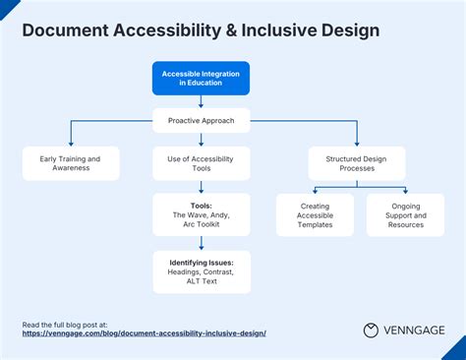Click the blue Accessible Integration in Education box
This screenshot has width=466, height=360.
(201, 78)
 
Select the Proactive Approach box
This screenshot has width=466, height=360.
(201, 121)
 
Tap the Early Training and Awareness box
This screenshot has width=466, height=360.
(70, 163)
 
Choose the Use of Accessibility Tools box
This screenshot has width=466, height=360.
(201, 163)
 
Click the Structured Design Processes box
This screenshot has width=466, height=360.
(356, 163)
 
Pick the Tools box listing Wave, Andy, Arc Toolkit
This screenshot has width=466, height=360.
(201, 214)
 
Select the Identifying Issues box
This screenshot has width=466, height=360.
(201, 271)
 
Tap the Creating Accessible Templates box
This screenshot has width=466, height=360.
(315, 214)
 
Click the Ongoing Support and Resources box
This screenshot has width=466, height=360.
(405, 214)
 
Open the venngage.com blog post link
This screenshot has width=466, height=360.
(144, 333)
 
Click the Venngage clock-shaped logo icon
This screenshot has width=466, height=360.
(372, 330)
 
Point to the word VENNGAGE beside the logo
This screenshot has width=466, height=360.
(415, 330)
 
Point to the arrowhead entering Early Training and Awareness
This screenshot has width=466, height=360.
(70, 144)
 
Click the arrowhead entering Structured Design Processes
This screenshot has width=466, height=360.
(356, 144)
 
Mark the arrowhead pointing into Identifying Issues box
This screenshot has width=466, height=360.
(201, 247)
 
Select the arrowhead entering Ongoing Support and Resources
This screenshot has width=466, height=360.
(405, 190)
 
